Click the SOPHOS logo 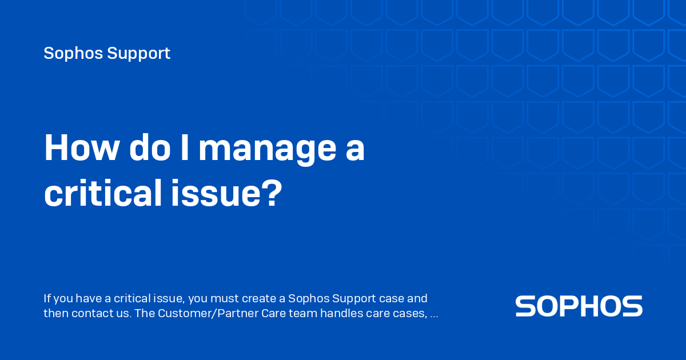(579, 306)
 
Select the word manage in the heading (266, 150)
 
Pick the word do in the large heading (148, 149)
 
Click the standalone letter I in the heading (185, 149)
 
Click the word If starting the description (47, 298)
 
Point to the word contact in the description (90, 314)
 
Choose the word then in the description (55, 314)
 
